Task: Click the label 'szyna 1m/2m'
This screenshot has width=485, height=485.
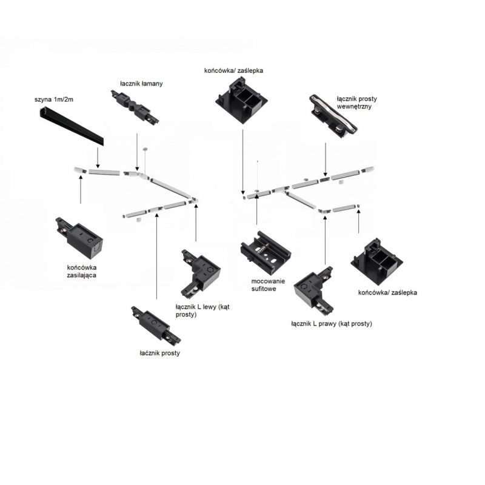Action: pos(56,99)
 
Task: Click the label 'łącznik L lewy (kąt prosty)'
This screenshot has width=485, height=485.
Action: pos(205,311)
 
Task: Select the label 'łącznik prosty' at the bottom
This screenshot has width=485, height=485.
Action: pos(160,352)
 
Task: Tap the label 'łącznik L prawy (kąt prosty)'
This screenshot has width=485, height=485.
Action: pos(331,324)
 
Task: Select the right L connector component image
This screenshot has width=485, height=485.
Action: pos(314,290)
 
